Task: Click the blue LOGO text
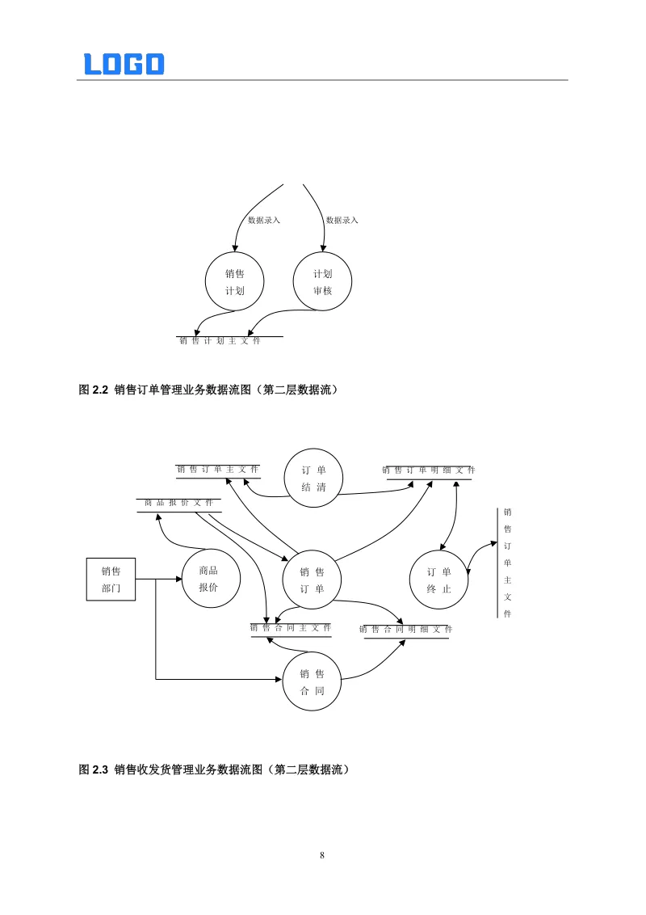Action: (124, 64)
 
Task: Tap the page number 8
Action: (322, 855)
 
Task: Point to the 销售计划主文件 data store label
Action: (220, 341)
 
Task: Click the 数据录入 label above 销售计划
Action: (264, 220)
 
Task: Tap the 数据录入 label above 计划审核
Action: (342, 220)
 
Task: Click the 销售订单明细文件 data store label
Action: (429, 470)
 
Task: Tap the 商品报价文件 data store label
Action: (179, 503)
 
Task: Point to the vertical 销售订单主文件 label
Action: (508, 563)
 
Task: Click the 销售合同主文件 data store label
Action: (291, 628)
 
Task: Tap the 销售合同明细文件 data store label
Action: (406, 629)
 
